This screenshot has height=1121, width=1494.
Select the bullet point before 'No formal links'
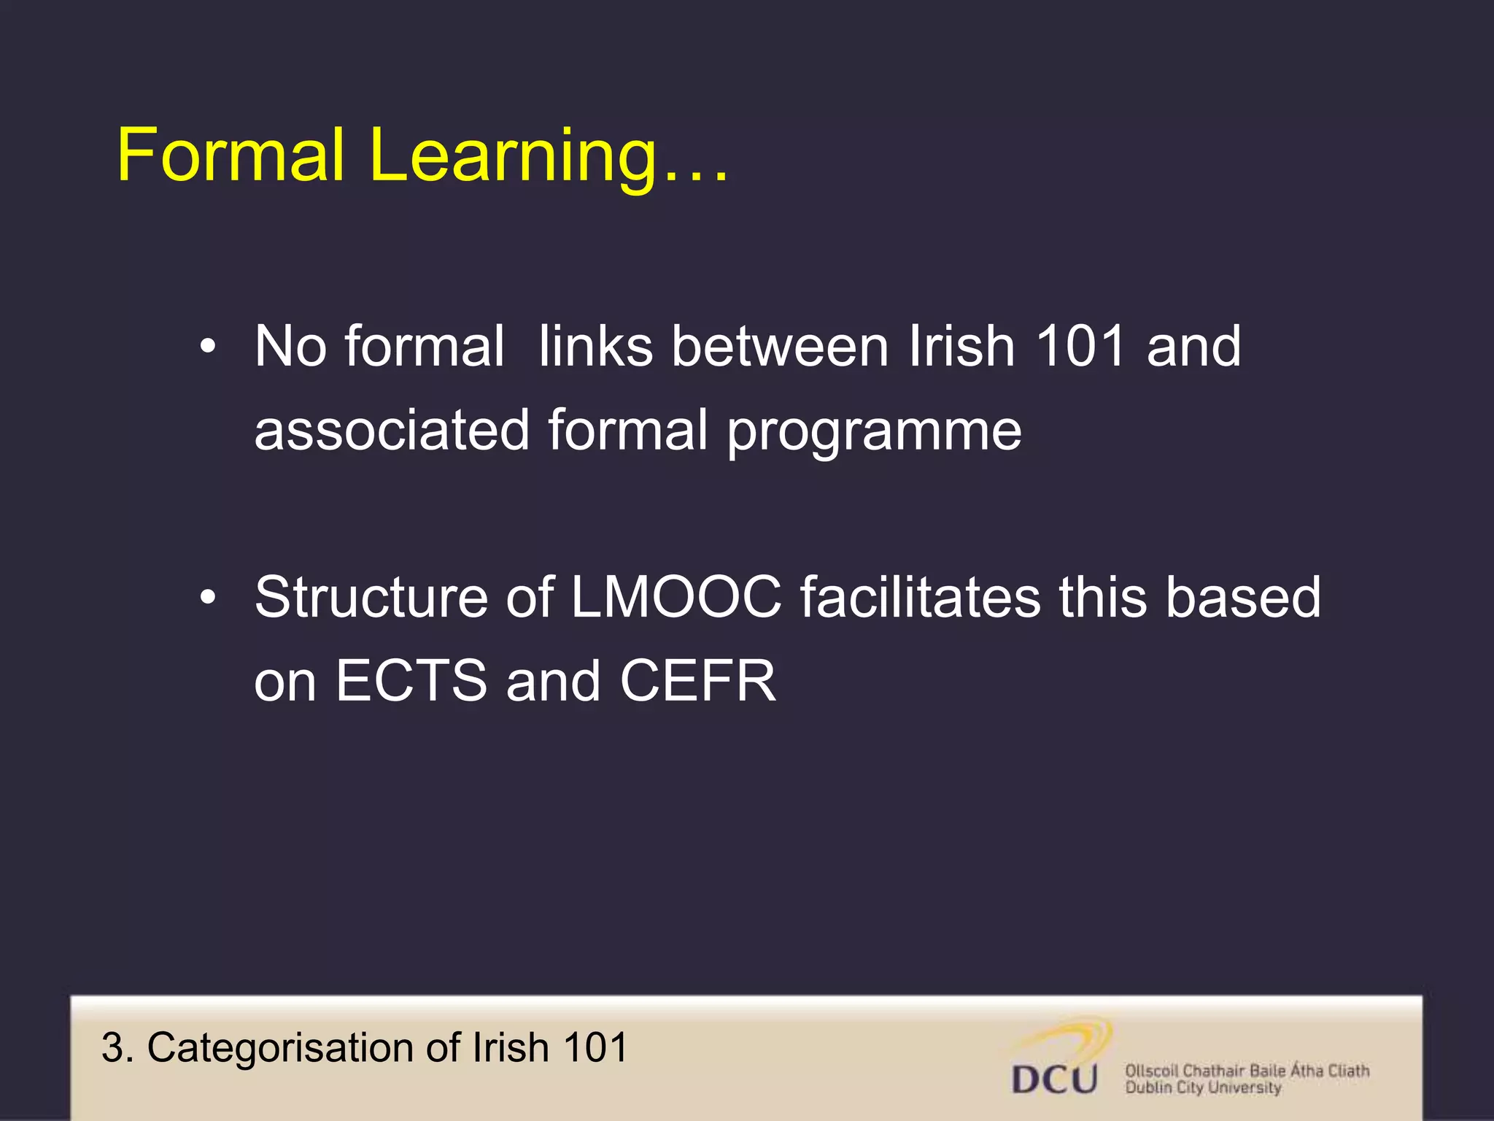tap(208, 347)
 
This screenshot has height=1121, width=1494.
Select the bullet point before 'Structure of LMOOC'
tap(208, 598)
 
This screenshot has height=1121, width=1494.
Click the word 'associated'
tap(392, 430)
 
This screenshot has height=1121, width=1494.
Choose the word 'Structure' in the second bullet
tap(371, 597)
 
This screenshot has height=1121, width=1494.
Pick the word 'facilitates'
tap(920, 597)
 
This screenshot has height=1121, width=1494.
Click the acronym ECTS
tap(411, 681)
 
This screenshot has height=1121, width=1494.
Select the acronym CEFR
tap(697, 681)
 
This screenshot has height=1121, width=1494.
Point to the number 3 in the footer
tap(112, 1048)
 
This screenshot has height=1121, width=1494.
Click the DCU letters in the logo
tap(1054, 1079)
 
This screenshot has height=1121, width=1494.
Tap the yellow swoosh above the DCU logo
tap(1072, 1037)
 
